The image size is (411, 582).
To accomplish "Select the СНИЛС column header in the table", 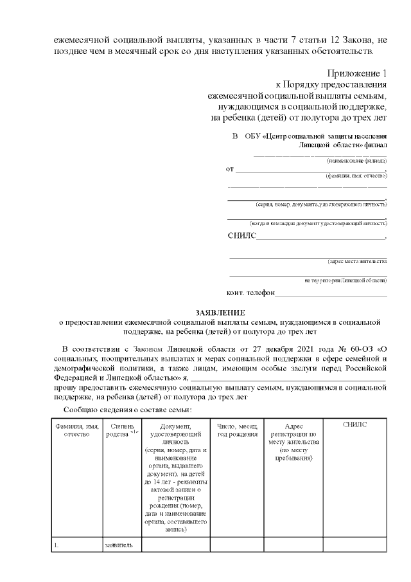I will (354, 426).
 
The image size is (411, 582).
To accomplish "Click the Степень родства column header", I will (121, 430).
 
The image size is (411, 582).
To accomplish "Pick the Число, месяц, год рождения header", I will (237, 430).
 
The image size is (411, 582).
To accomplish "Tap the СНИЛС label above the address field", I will (241, 236).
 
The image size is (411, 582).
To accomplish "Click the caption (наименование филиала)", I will (356, 159).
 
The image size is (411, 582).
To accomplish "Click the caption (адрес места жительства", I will (356, 261).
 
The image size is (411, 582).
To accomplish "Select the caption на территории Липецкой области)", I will (345, 280).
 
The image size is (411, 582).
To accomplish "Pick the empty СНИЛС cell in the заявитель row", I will (354, 545).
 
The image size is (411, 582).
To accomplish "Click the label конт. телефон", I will (251, 293).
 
